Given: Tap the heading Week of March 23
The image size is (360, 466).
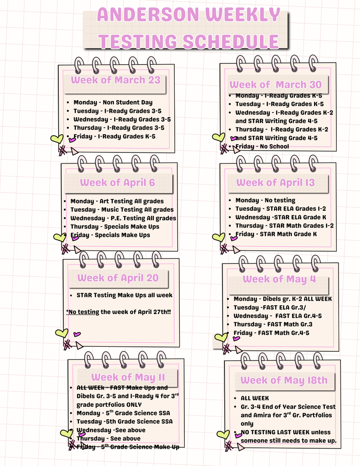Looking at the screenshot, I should pyautogui.click(x=116, y=80).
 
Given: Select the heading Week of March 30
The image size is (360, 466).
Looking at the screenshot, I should pyautogui.click(x=275, y=85).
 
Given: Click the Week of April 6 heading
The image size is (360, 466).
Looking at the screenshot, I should pyautogui.click(x=117, y=182).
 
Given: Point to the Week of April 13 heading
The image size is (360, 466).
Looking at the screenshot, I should pyautogui.click(x=275, y=182).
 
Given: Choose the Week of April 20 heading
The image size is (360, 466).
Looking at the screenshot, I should pyautogui.click(x=118, y=278).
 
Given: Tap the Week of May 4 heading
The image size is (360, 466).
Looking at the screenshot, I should pyautogui.click(x=279, y=279).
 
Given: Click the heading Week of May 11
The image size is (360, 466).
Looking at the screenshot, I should pyautogui.click(x=128, y=377).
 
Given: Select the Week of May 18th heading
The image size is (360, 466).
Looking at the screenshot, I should pyautogui.click(x=284, y=380).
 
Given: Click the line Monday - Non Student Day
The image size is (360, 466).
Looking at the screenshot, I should pyautogui.click(x=113, y=102).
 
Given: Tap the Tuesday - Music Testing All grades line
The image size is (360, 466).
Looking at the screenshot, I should pyautogui.click(x=122, y=210).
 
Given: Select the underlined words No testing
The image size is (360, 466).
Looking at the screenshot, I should pyautogui.click(x=84, y=312).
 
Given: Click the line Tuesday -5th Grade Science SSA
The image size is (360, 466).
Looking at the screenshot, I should pyautogui.click(x=124, y=421).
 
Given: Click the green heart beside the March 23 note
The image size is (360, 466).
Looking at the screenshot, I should pyautogui.click(x=57, y=139).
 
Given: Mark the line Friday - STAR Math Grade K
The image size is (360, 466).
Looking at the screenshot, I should pyautogui.click(x=276, y=234).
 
